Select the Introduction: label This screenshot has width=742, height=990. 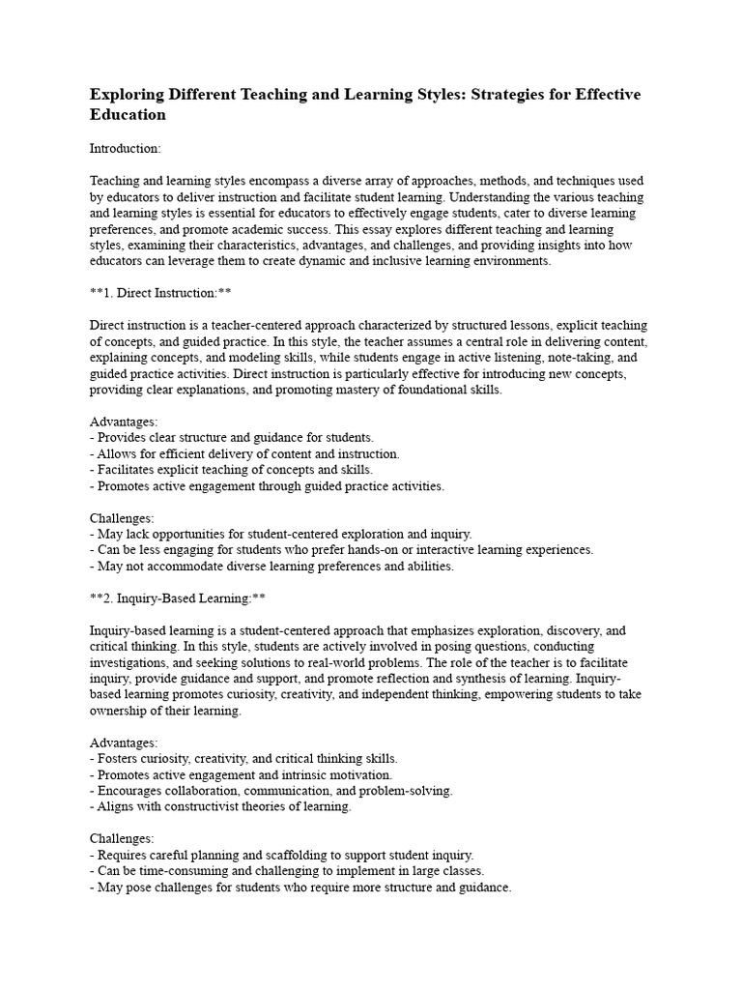126,149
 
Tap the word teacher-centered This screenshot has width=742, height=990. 269,325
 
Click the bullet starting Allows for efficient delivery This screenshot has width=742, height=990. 247,454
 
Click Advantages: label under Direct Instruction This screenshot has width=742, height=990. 124,422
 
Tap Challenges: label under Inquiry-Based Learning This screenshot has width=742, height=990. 122,839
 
